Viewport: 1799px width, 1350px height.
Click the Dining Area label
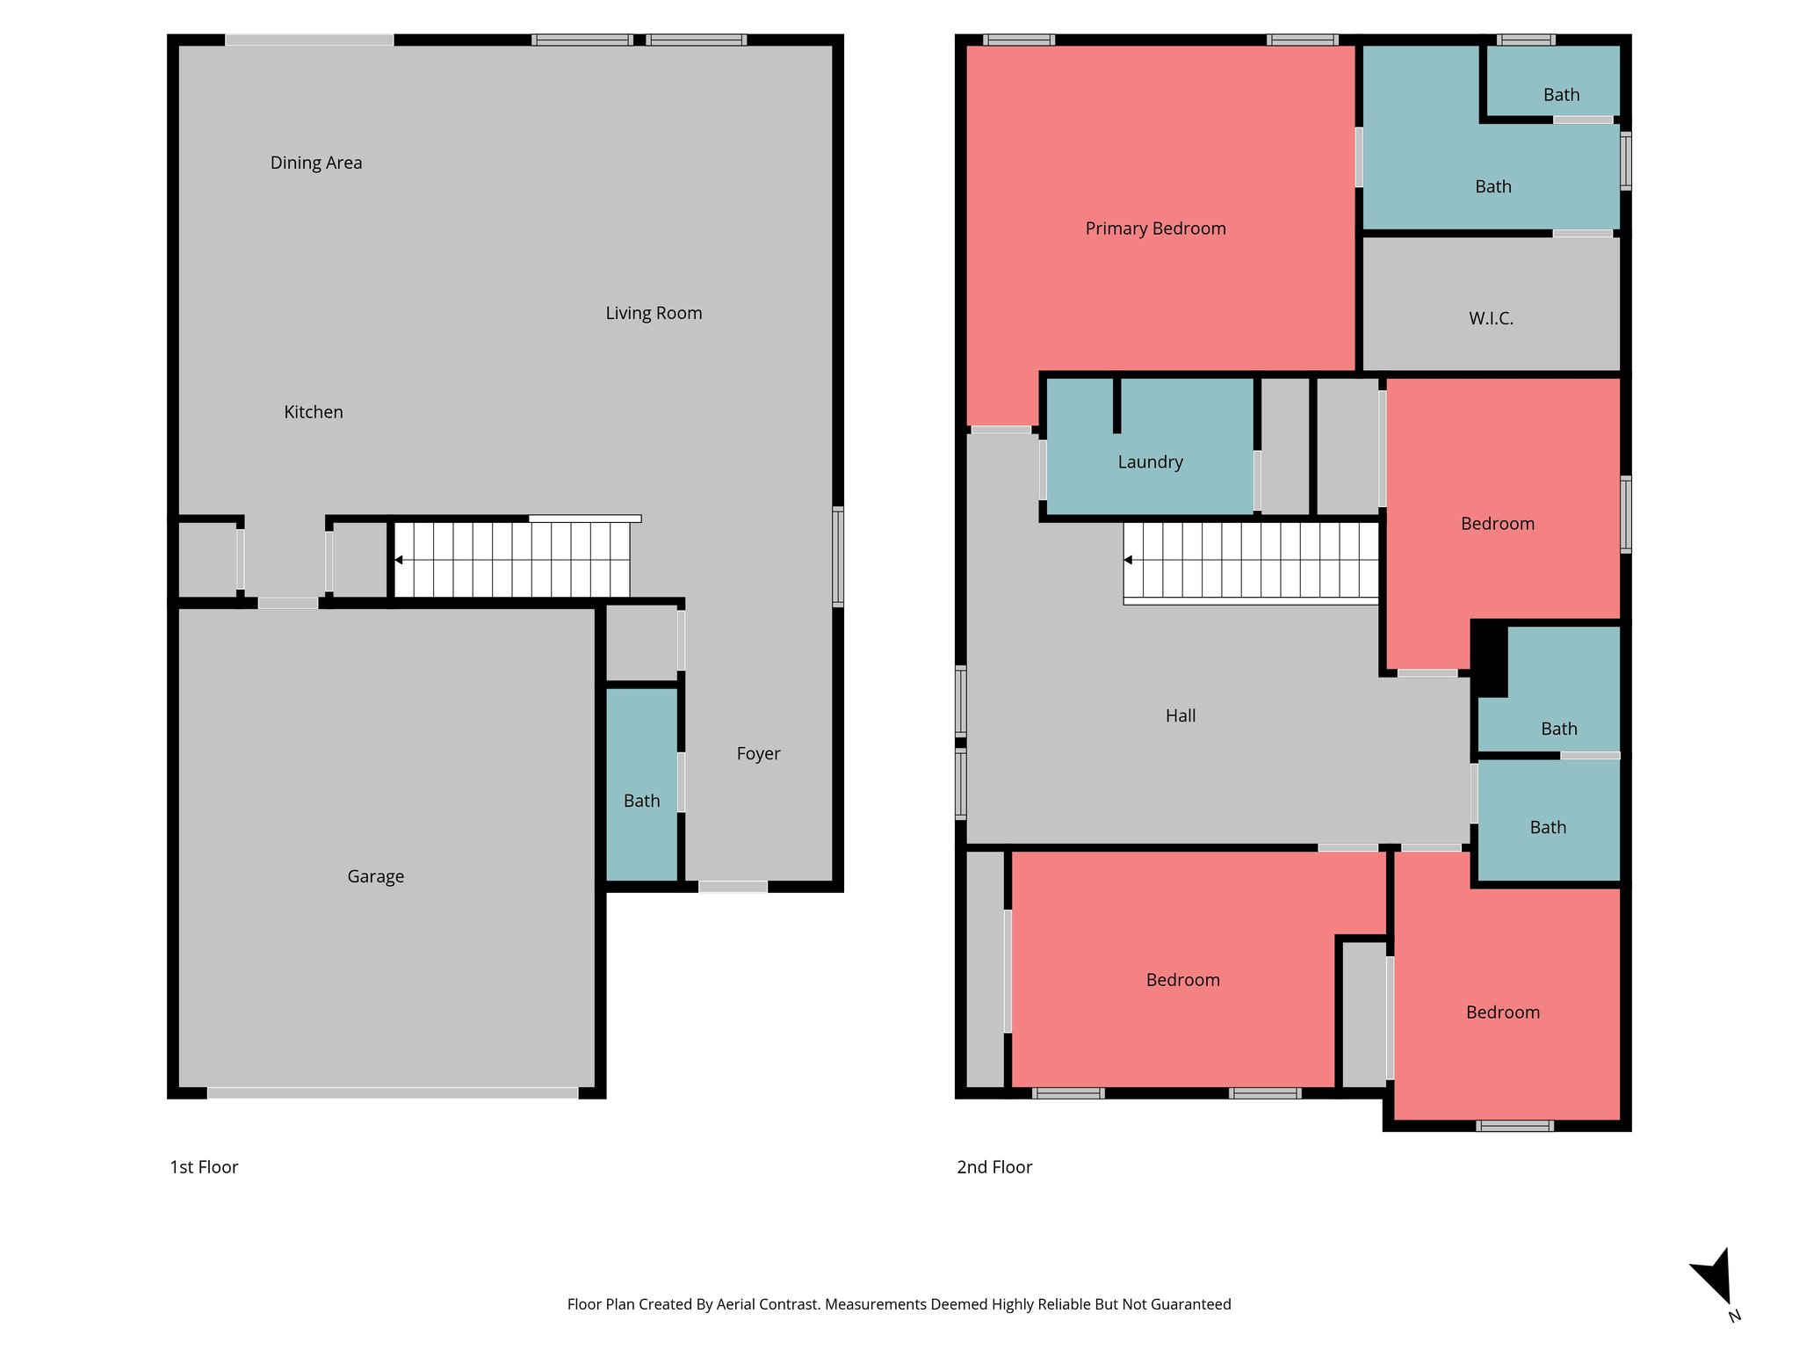(x=315, y=163)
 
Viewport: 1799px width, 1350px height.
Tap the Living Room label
(x=654, y=313)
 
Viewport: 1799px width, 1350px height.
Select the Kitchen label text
(x=313, y=412)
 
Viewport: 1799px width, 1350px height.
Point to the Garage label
(x=375, y=876)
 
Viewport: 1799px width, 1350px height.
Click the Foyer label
(x=758, y=753)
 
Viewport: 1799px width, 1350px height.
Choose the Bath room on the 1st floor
(x=641, y=801)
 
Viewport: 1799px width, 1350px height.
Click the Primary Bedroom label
(x=1155, y=229)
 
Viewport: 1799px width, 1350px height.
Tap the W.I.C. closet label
(x=1491, y=318)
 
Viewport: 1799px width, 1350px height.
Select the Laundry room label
(x=1150, y=462)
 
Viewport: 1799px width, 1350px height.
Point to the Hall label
(x=1181, y=715)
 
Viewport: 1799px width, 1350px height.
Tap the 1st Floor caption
(x=204, y=1167)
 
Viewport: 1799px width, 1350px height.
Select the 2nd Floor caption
(x=994, y=1167)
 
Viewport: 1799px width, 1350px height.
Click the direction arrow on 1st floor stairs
(x=399, y=560)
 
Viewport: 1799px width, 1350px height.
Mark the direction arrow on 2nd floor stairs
(x=1128, y=560)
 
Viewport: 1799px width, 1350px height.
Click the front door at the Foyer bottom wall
(x=733, y=887)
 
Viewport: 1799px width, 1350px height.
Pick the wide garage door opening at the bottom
(x=392, y=1092)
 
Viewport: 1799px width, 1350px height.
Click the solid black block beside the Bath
(x=1489, y=657)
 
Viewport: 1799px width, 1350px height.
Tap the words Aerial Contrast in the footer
(x=767, y=1304)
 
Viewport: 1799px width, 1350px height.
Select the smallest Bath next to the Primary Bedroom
(x=1561, y=94)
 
